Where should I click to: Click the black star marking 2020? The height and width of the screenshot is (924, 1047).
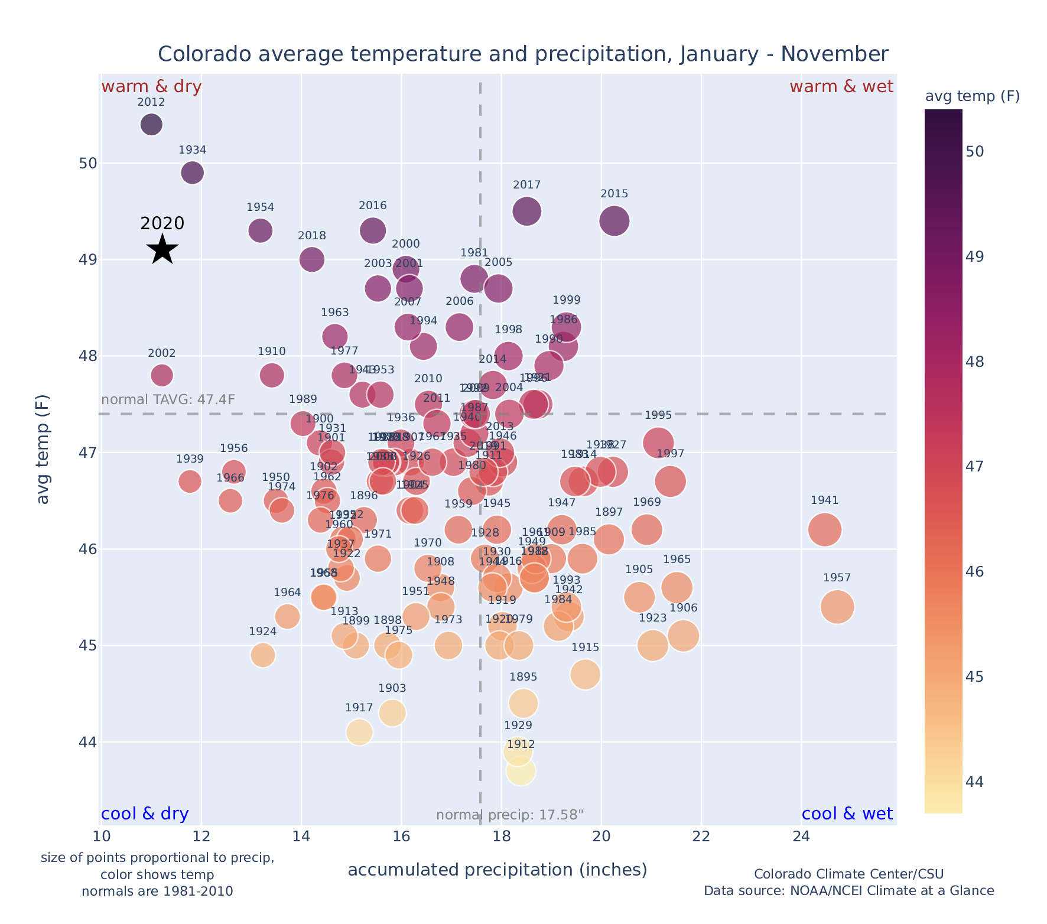162,249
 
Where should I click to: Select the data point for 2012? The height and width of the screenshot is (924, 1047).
152,125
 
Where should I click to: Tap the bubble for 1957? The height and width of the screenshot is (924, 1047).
837,607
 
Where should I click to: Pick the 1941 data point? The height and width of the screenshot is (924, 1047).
825,529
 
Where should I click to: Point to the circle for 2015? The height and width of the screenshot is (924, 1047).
614,221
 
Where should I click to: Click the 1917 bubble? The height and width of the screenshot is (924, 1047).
359,733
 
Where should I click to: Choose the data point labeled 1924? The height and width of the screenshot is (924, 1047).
263,655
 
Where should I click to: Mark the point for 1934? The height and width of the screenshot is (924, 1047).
193,173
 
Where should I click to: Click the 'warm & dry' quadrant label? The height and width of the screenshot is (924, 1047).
152,87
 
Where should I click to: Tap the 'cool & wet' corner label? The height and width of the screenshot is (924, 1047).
847,814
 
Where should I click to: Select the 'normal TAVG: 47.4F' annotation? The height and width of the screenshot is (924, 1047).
168,400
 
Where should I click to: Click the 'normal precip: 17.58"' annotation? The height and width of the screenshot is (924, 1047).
509,815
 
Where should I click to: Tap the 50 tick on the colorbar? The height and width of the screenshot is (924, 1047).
974,152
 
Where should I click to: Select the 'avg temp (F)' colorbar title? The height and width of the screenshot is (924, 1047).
972,96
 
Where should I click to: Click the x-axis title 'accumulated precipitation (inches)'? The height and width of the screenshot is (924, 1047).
498,870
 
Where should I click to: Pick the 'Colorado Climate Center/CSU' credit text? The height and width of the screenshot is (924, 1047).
848,874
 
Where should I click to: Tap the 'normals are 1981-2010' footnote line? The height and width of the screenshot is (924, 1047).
157,891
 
